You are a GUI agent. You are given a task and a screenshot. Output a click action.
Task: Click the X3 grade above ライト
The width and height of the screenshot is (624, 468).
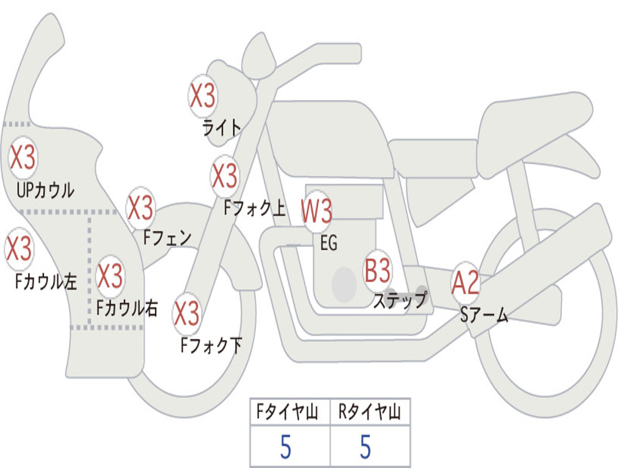click(202, 96)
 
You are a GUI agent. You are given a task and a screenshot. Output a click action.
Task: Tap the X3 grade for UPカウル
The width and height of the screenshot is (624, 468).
click(23, 157)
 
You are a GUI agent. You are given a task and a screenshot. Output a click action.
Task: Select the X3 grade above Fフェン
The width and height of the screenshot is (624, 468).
click(141, 208)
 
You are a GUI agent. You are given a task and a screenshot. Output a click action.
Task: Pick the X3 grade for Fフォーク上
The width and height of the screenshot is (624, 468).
click(225, 175)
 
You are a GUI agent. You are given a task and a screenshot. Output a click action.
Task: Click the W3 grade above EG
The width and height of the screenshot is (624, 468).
click(317, 211)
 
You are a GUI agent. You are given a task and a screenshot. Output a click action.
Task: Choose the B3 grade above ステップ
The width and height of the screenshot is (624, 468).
click(378, 271)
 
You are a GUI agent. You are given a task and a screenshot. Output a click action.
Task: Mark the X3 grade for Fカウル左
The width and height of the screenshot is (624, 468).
click(18, 249)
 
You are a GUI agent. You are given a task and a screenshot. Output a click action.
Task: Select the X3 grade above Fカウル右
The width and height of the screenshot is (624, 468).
click(110, 276)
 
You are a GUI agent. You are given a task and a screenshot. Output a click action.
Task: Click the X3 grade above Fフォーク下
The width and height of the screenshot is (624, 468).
click(187, 313)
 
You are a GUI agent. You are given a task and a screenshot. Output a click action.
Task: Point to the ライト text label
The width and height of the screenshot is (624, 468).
click(222, 127)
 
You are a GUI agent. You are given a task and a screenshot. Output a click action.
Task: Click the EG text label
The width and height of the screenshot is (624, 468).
click(328, 243)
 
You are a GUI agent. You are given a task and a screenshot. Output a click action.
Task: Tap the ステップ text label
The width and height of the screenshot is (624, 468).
click(400, 300)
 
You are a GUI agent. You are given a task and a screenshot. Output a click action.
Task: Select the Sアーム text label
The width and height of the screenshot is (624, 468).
click(483, 315)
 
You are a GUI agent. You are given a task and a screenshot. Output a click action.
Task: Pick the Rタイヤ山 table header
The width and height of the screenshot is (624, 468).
click(369, 413)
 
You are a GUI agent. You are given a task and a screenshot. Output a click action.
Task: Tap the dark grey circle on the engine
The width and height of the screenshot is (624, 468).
click(344, 283)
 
